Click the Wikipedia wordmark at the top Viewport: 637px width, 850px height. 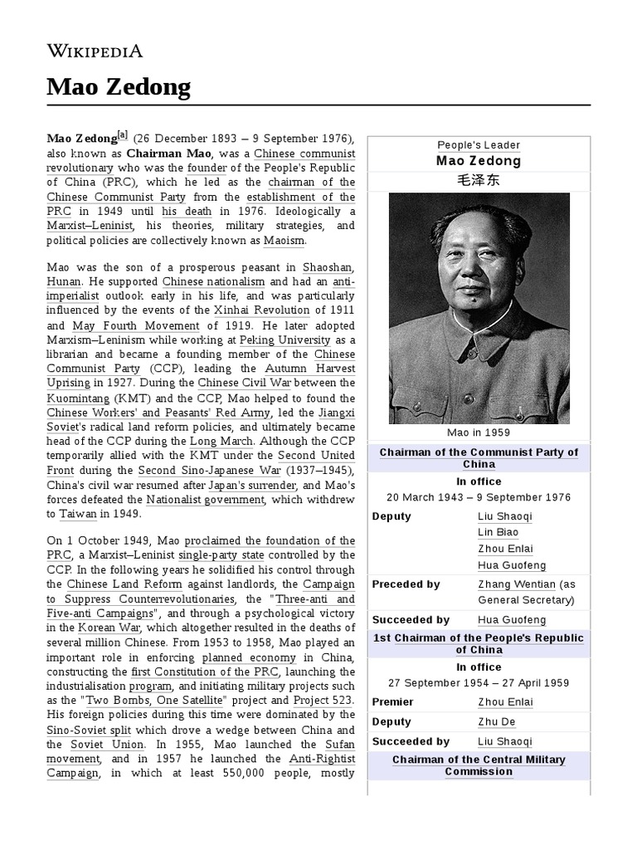click(94, 51)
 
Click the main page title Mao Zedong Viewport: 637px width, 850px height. click(118, 86)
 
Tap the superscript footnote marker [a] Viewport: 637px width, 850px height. click(123, 135)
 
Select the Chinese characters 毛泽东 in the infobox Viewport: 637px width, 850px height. click(479, 180)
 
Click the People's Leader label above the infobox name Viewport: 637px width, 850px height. click(479, 145)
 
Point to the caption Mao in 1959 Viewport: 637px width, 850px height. click(479, 432)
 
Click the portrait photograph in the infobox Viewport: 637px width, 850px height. click(479, 308)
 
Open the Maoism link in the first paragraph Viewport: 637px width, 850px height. click(284, 241)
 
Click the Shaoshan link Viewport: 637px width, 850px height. click(328, 268)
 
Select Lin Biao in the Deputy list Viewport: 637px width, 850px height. click(498, 532)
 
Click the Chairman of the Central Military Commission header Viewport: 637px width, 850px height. click(479, 765)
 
